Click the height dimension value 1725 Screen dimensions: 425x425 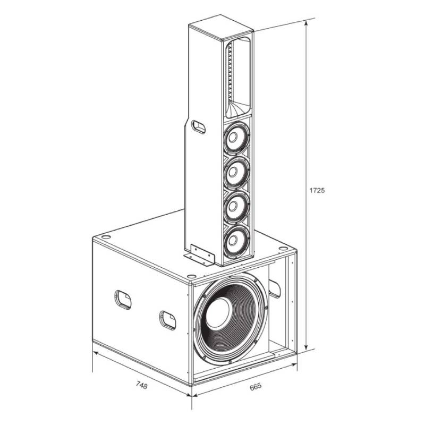coord(317,190)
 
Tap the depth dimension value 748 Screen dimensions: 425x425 coord(141,385)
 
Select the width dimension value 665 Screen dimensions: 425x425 coord(256,387)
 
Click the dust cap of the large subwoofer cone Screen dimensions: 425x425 coord(219,313)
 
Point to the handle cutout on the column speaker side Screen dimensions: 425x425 coord(198,126)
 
